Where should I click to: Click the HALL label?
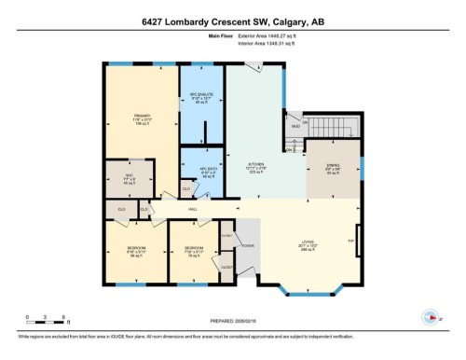(x=193, y=209)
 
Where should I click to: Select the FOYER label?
(x=247, y=245)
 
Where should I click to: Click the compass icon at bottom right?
(x=430, y=316)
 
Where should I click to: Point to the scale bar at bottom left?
(x=45, y=322)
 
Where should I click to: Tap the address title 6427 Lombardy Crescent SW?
(x=233, y=21)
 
